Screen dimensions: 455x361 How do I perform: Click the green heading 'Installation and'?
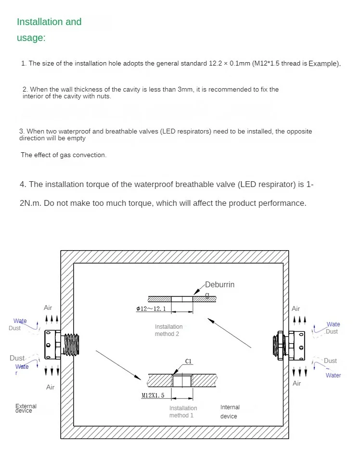click(x=49, y=22)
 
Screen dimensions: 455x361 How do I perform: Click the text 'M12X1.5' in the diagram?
click(x=153, y=395)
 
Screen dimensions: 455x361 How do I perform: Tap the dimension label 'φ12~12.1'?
click(x=151, y=308)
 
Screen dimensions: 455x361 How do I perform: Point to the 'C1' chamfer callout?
click(x=189, y=361)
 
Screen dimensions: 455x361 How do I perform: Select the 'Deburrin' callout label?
click(x=219, y=285)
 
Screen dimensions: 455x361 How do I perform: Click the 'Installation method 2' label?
click(x=168, y=330)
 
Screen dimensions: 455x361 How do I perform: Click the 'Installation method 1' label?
click(x=183, y=412)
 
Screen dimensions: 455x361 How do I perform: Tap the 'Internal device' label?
click(x=230, y=412)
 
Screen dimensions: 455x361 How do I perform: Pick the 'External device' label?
click(x=26, y=408)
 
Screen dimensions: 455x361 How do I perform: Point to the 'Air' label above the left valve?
click(x=48, y=308)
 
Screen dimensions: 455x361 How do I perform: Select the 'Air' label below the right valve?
click(x=297, y=383)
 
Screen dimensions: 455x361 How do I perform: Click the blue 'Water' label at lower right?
click(x=333, y=375)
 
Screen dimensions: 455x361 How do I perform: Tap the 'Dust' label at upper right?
click(x=332, y=332)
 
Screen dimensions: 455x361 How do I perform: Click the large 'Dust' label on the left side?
click(x=17, y=358)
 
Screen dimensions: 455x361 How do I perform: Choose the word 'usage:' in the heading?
click(x=31, y=38)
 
